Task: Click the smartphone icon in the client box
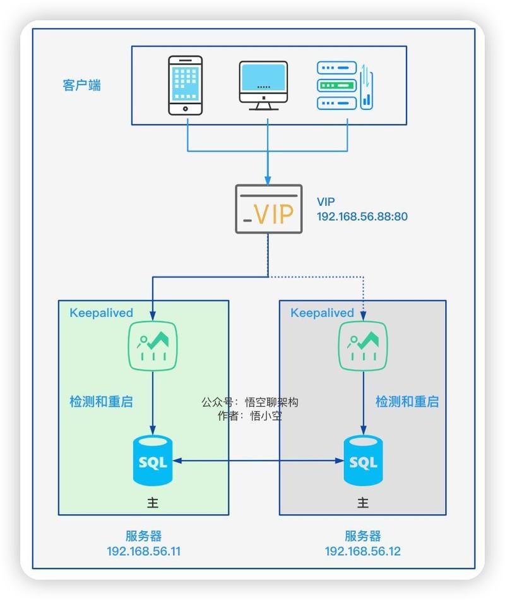[x=186, y=85]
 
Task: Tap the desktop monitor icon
[x=263, y=85]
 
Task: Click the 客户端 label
[x=81, y=85]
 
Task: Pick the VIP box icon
[x=268, y=209]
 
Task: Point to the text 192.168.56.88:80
[x=362, y=217]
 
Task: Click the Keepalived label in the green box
[x=101, y=313]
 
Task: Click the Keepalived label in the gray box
[x=322, y=313]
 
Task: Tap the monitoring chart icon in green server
[x=153, y=345]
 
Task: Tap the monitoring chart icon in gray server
[x=363, y=345]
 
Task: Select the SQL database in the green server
[x=153, y=461]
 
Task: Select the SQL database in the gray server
[x=363, y=461]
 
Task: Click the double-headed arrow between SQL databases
[x=258, y=461]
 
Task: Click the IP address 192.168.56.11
[x=144, y=551]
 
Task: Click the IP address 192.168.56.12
[x=362, y=551]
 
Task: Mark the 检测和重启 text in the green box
[x=101, y=402]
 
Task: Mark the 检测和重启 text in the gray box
[x=407, y=402]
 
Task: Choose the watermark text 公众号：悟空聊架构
[x=249, y=402]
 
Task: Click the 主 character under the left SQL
[x=153, y=503]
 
